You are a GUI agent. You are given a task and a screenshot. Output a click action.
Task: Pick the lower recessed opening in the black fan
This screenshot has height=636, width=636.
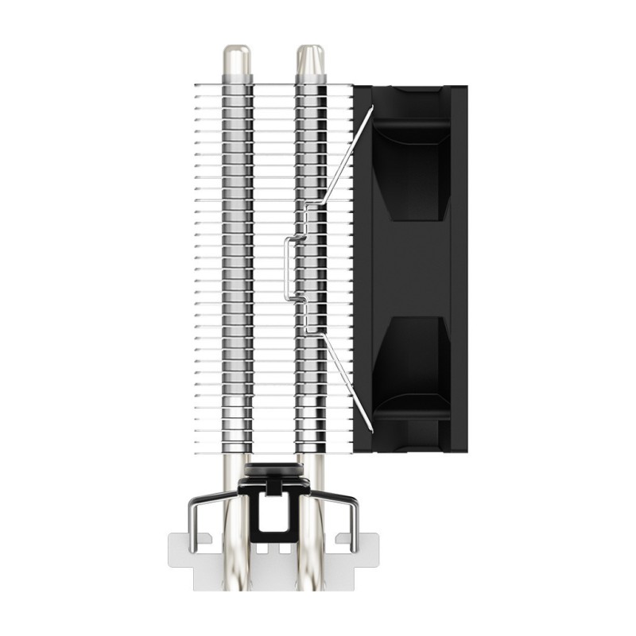pos(410,366)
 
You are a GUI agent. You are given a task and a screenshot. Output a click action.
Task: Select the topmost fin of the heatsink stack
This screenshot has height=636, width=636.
pos(270,87)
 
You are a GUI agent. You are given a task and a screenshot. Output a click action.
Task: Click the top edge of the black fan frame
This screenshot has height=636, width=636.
pos(410,87)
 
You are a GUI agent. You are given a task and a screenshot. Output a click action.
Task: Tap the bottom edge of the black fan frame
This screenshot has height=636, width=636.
pos(410,450)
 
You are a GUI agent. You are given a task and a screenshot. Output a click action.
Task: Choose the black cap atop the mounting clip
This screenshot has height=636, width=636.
pos(273,471)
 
